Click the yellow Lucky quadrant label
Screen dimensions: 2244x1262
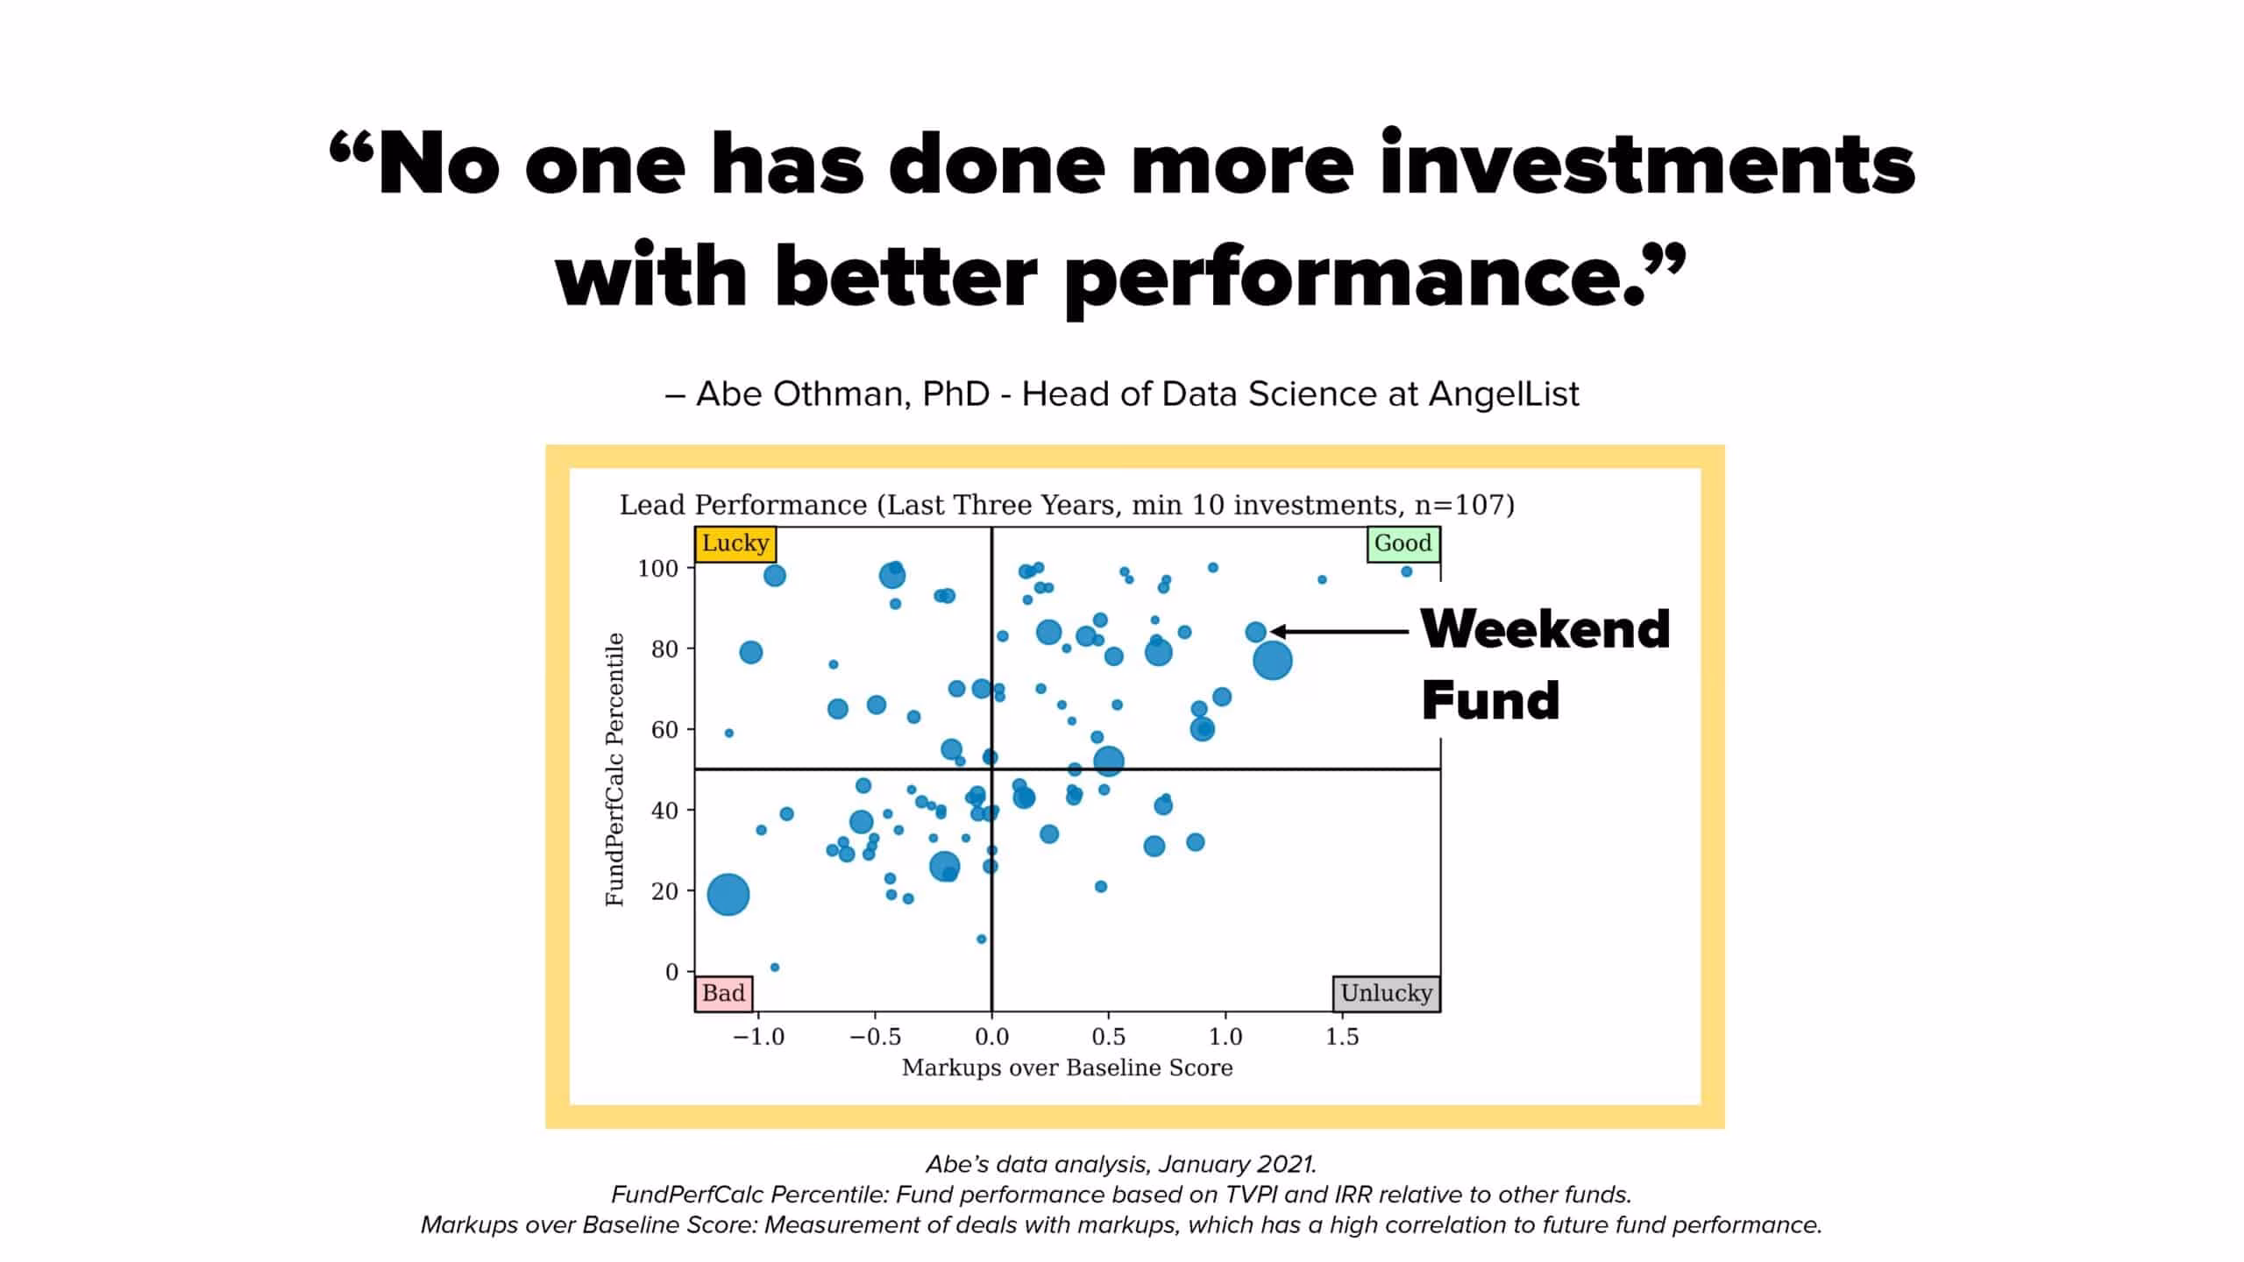click(735, 543)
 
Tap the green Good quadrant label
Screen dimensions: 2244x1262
click(1402, 543)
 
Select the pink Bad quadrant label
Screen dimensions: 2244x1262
click(723, 993)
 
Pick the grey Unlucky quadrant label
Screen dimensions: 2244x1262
click(1386, 993)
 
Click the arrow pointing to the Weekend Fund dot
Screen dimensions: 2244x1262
click(1339, 631)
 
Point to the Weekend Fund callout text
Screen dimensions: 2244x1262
click(1545, 664)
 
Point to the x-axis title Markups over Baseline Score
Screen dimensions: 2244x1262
click(1067, 1067)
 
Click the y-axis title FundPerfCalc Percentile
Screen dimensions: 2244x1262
click(615, 769)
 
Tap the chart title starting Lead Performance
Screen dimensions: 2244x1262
click(1067, 505)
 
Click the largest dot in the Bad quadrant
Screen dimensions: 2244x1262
click(728, 895)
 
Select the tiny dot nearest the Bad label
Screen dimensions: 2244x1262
click(774, 968)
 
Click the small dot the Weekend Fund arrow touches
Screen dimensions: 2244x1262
click(1255, 632)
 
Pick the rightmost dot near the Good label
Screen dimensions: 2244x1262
click(1406, 571)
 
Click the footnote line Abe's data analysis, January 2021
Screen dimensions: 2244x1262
click(1121, 1164)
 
